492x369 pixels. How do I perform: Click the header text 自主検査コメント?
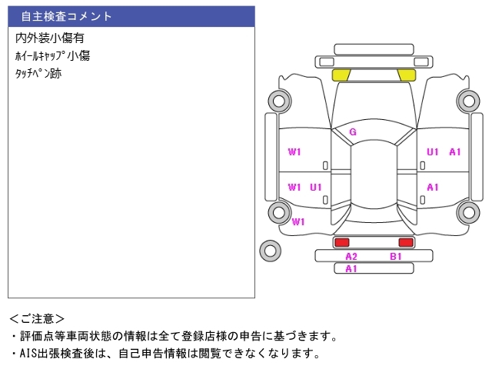click(67, 16)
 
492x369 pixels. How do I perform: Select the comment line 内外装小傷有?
click(49, 38)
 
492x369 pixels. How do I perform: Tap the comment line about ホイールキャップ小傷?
click(53, 56)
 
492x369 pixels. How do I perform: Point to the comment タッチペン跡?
click(38, 75)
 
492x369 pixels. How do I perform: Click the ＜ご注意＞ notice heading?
click(37, 318)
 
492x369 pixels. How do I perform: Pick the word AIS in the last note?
click(28, 354)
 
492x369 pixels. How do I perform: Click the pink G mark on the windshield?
click(353, 132)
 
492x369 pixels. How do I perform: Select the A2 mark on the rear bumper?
click(351, 256)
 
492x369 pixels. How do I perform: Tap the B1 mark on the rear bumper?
click(396, 256)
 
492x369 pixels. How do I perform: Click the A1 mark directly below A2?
click(351, 268)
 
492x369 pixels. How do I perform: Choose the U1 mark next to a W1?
click(316, 187)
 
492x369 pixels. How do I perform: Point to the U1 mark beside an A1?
click(433, 152)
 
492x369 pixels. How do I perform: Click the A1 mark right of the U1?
click(455, 152)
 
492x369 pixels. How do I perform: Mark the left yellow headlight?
click(341, 75)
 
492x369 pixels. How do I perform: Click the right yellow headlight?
click(406, 75)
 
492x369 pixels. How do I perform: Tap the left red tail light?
click(341, 242)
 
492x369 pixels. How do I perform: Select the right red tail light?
click(405, 242)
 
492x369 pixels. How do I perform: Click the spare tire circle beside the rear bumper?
click(270, 249)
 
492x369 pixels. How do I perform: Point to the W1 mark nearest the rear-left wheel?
click(298, 221)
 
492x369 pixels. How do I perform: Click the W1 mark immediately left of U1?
click(294, 187)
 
